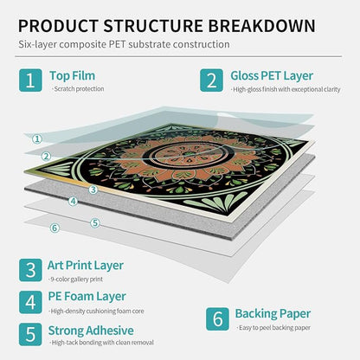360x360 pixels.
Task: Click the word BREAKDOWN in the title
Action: click(x=261, y=26)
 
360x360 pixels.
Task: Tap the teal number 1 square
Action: click(x=30, y=80)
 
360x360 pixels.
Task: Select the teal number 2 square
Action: click(x=211, y=80)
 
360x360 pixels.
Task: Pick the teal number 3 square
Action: click(x=30, y=270)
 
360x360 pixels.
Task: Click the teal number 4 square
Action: click(x=30, y=302)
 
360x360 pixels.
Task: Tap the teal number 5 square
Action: click(x=30, y=334)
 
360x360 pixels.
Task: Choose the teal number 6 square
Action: click(x=217, y=319)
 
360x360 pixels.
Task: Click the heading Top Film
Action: click(x=72, y=76)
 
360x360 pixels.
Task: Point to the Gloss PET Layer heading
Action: click(x=272, y=76)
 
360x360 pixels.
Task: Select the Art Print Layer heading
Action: click(x=86, y=266)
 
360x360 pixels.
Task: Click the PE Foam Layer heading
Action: click(x=87, y=297)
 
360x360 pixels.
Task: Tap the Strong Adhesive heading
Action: click(x=91, y=331)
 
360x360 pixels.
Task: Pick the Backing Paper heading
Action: click(x=273, y=314)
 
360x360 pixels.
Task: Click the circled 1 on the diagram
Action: click(x=37, y=139)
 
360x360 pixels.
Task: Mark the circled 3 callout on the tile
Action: click(x=93, y=190)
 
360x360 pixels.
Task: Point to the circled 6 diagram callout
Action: click(x=55, y=228)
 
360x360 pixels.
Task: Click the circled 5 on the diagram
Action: click(x=95, y=223)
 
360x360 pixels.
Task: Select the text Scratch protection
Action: click(x=79, y=89)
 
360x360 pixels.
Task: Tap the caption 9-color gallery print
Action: click(x=76, y=280)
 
